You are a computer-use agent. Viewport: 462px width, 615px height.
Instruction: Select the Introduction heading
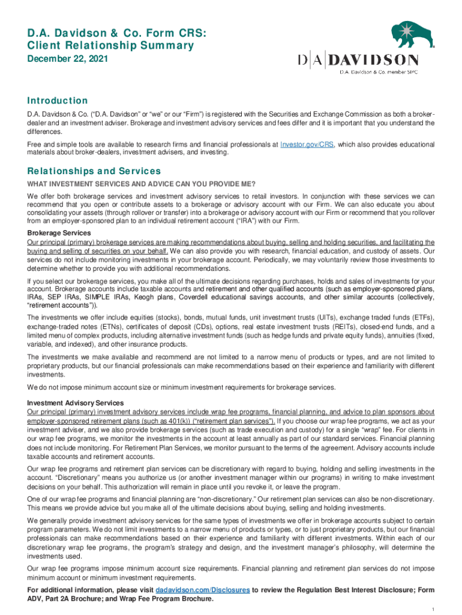click(58, 101)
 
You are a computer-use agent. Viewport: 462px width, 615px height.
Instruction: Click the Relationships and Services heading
click(94, 171)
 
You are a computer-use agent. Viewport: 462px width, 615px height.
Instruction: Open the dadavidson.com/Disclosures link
click(203, 590)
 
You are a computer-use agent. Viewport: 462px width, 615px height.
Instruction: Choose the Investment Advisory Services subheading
click(76, 403)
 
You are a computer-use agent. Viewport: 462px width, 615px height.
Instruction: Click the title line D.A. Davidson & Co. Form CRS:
click(107, 33)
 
